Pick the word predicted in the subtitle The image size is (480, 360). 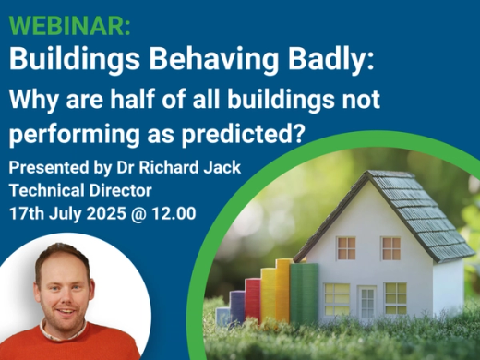tap(250, 132)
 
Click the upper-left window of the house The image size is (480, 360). tap(345, 246)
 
